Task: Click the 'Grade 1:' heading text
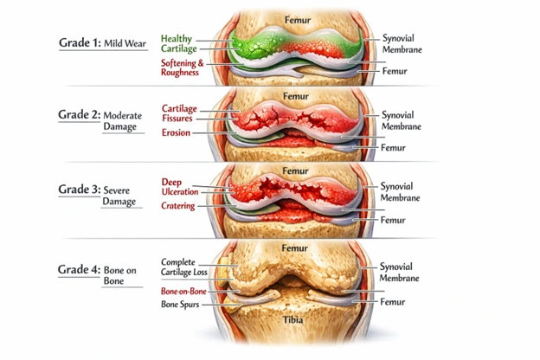tap(80, 42)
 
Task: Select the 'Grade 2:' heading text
tap(80, 114)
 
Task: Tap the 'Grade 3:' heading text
tap(80, 190)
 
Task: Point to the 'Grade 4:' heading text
tap(80, 269)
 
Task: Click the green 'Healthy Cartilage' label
tap(177, 44)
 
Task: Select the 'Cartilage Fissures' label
tap(180, 113)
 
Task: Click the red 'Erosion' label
tap(176, 133)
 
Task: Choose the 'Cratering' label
tap(178, 207)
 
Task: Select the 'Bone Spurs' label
tap(183, 305)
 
